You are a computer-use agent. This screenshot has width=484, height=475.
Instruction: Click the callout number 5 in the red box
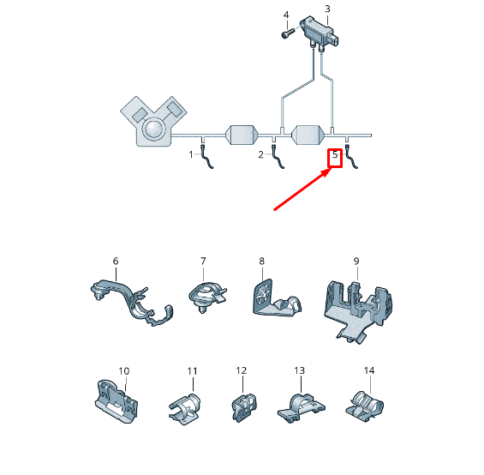(x=335, y=154)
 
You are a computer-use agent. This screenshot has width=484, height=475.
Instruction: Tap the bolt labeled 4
(x=287, y=33)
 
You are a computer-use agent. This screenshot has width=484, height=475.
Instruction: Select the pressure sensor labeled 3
(x=320, y=34)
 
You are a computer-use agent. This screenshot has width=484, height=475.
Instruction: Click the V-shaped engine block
(x=153, y=121)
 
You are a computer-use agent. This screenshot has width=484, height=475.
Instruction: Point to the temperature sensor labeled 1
(x=206, y=157)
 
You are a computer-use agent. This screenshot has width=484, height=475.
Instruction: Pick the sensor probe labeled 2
(x=278, y=157)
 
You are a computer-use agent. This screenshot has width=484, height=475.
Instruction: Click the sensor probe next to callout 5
(x=351, y=157)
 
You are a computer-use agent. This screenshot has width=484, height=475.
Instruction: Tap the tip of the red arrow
(x=331, y=169)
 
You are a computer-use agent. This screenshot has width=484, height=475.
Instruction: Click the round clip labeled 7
(x=206, y=298)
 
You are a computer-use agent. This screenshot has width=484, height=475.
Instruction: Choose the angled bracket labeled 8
(x=276, y=299)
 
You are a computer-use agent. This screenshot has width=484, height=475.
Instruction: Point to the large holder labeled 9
(x=358, y=311)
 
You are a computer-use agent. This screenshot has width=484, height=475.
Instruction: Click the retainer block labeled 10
(x=116, y=401)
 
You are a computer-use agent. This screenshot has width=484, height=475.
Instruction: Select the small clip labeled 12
(x=244, y=407)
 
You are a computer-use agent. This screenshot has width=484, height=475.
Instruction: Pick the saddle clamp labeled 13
(x=301, y=408)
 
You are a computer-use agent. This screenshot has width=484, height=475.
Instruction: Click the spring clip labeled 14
(x=365, y=406)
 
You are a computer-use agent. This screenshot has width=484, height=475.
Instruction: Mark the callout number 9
(x=356, y=262)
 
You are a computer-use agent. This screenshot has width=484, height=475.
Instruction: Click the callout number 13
(x=300, y=370)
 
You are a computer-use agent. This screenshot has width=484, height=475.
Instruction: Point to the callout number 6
(x=116, y=262)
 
